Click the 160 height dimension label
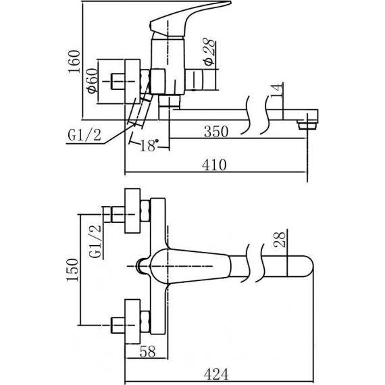[x=74, y=61]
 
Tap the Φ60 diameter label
[x=93, y=81]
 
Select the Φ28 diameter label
[x=209, y=52]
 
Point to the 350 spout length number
[x=216, y=131]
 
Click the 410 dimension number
[x=214, y=165]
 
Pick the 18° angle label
[x=149, y=145]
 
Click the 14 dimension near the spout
[x=277, y=91]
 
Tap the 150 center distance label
[x=73, y=270]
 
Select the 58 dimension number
[x=147, y=351]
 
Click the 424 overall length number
[x=216, y=374]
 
